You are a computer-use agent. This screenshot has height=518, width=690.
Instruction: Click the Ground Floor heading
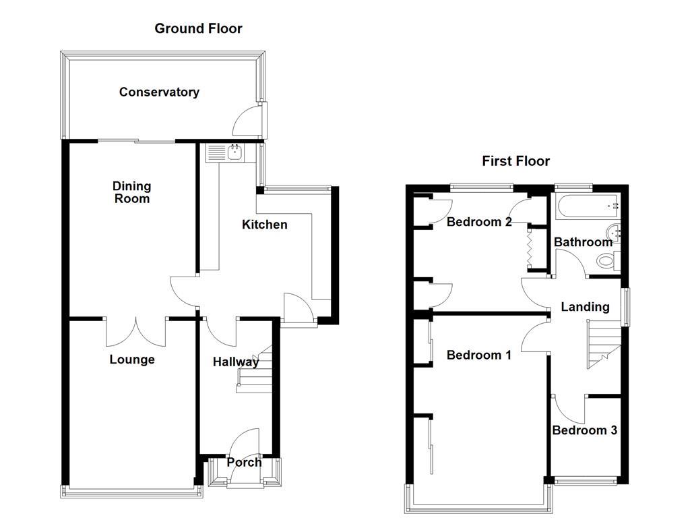tap(198, 28)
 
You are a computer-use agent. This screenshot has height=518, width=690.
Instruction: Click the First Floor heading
tap(515, 161)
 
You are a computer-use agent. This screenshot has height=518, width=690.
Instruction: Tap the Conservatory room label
tap(159, 92)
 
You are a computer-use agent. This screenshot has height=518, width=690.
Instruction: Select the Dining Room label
tap(131, 192)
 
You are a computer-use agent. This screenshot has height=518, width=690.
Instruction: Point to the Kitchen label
tap(265, 225)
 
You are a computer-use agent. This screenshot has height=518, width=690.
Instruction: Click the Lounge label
tap(132, 359)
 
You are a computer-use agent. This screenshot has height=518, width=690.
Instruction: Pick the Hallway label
tap(235, 362)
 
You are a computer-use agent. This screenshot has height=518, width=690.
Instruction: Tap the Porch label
tap(244, 463)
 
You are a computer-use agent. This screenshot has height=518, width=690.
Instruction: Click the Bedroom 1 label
tap(479, 355)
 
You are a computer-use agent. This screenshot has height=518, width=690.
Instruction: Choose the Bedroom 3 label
tap(584, 430)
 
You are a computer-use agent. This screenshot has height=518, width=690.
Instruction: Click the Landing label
tap(585, 307)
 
